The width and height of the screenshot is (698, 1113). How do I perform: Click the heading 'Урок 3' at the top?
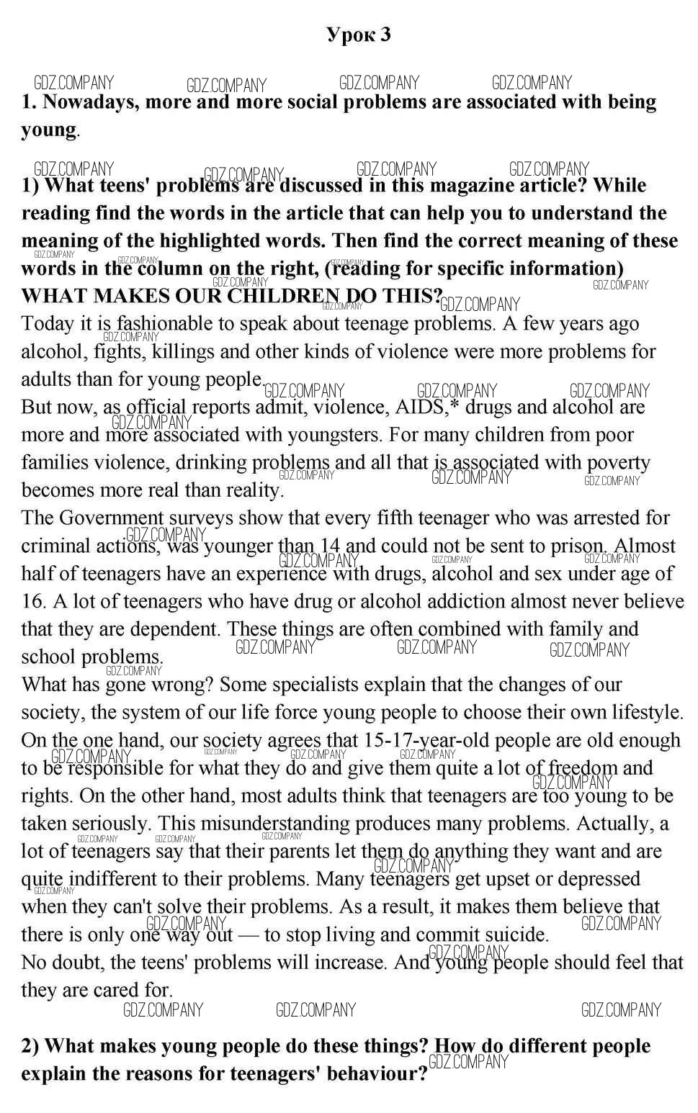point(358,35)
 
